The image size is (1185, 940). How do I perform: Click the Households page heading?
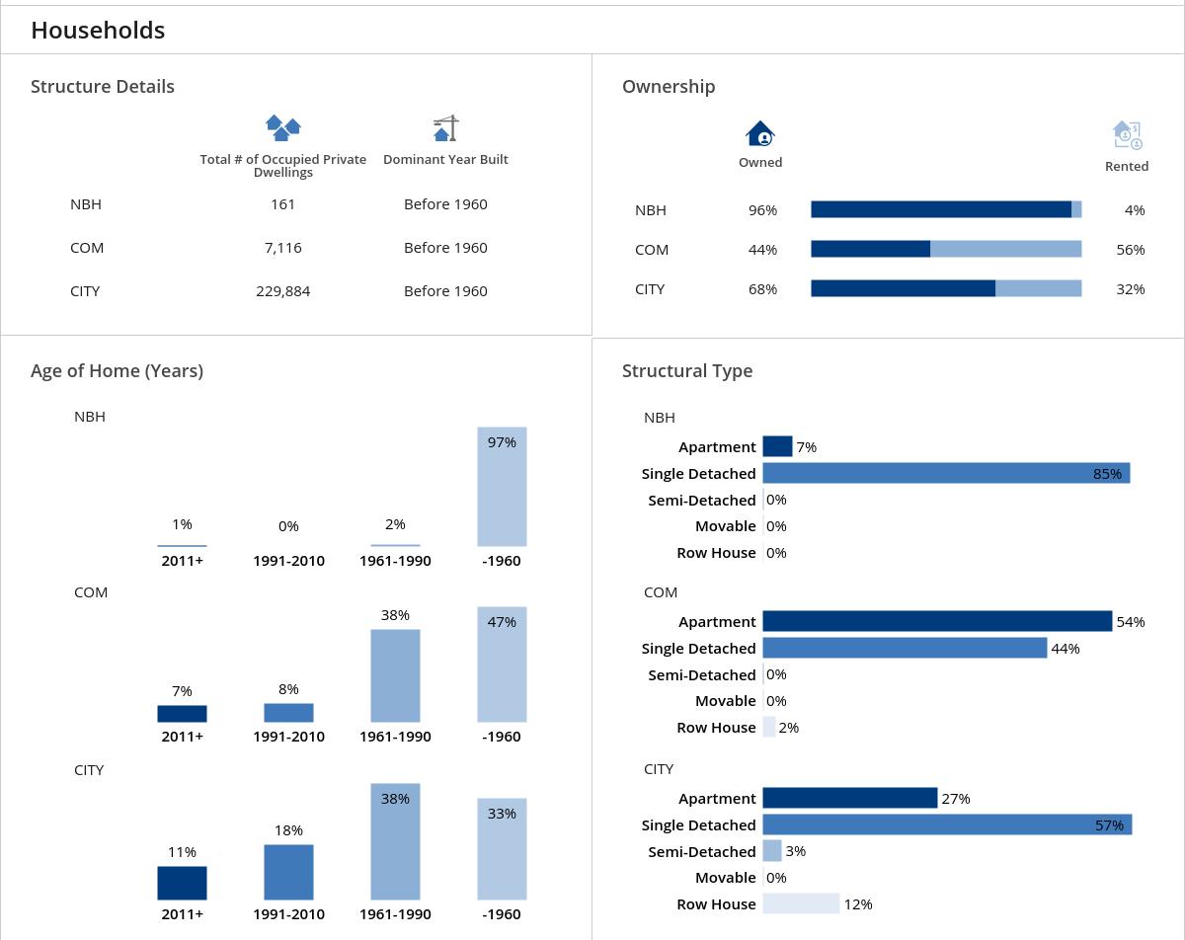point(98,31)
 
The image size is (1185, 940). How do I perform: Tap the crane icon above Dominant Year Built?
point(446,128)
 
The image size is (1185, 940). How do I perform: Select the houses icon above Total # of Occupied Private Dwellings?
point(283,127)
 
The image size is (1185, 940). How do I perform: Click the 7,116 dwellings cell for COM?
point(282,248)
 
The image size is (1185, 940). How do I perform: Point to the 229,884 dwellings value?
point(282,291)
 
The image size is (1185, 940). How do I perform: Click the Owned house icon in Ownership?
point(760,133)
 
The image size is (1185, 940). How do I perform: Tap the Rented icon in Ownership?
point(1127,134)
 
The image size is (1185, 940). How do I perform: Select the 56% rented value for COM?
point(1130,250)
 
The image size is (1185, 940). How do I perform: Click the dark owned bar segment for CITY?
point(903,288)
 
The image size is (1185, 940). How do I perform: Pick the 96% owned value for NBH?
point(762,210)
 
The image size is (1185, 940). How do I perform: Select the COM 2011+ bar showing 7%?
point(182,714)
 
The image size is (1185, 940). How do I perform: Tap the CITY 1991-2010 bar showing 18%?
point(288,872)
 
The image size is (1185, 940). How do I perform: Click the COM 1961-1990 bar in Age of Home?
point(395,676)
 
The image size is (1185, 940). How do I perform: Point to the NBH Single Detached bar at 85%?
point(945,474)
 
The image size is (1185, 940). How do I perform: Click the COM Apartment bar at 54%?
point(936,621)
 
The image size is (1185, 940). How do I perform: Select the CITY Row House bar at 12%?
point(801,903)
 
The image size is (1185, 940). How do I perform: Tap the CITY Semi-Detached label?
point(701,851)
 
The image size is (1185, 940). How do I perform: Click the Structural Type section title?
point(686,371)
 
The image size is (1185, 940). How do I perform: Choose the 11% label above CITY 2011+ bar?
point(182,852)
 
